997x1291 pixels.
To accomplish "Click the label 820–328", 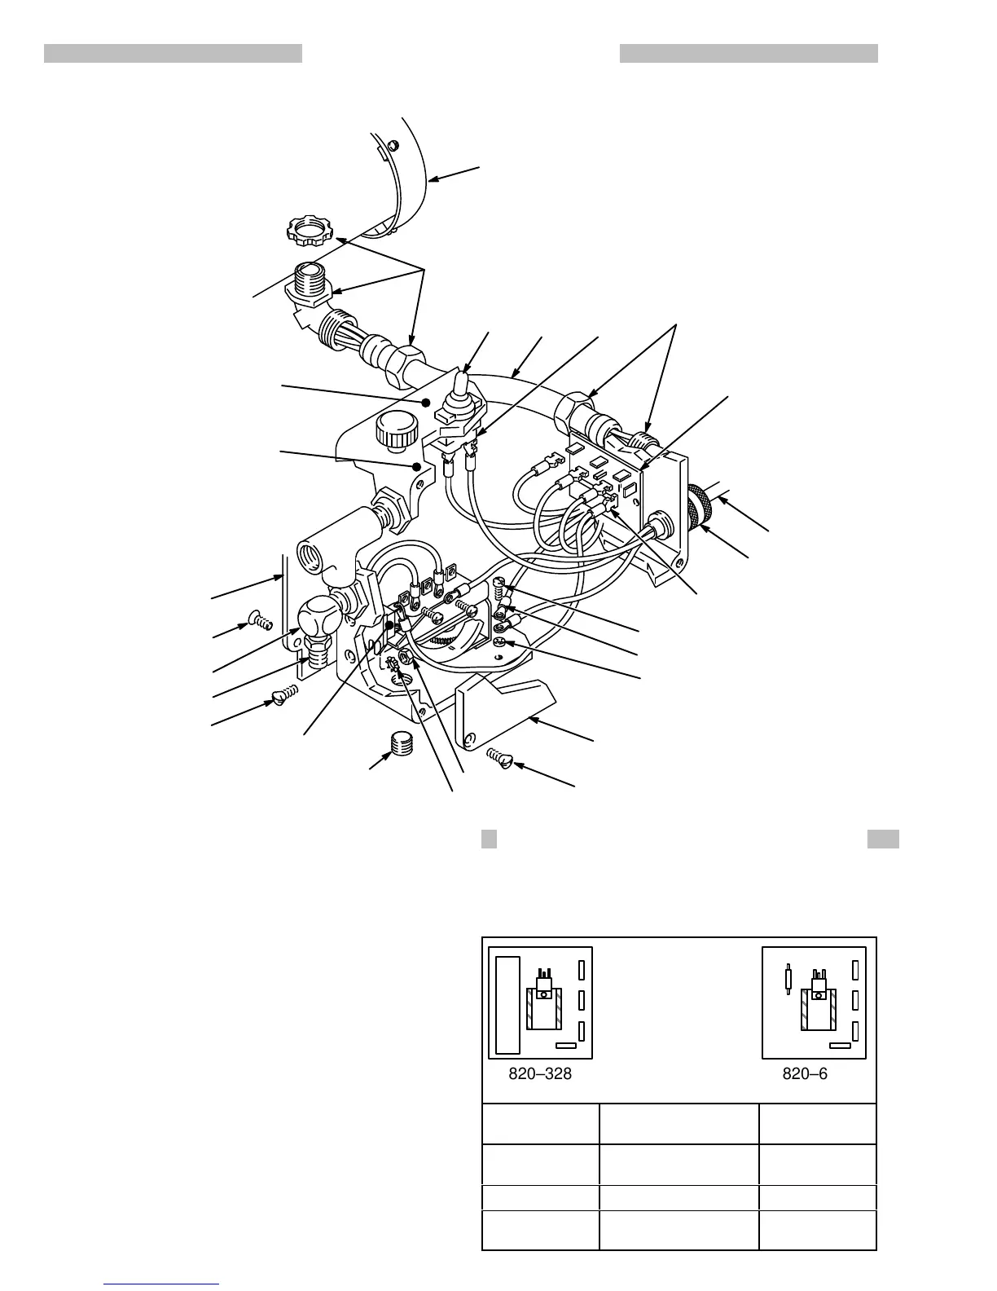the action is pos(540,1074).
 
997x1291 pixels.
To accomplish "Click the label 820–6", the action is pos(805,1074).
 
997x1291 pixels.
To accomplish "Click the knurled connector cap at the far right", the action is pos(698,505).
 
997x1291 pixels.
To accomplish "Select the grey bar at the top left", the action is pos(173,54).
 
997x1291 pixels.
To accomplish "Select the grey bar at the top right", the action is pos(749,54).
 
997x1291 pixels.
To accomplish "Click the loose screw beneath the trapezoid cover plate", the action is pos(500,760).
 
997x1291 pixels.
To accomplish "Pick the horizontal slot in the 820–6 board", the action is pos(839,1045).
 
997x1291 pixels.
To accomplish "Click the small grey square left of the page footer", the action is pos(489,839).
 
